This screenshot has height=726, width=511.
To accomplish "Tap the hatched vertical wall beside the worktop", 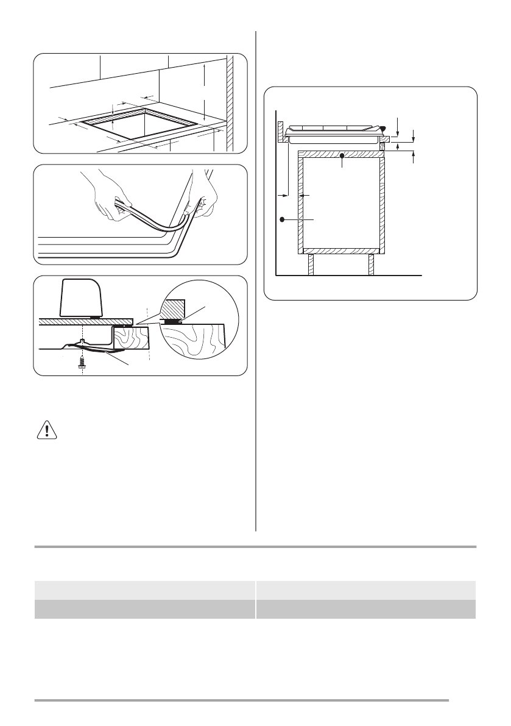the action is coord(230,101).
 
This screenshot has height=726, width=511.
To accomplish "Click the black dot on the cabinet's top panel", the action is coord(342,156).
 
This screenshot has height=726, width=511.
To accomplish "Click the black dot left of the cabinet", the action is coord(282,218).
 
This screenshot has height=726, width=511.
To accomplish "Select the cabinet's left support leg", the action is coord(311,264).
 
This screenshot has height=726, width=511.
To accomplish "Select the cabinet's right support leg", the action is coord(370,264).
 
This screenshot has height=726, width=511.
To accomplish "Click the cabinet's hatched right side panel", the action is coord(382,204).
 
